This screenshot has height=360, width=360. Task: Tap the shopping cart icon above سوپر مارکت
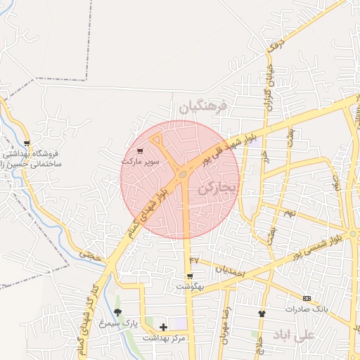[x=139, y=150]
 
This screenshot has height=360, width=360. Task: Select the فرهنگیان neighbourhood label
[x=203, y=107]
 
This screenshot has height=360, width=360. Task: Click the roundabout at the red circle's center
[x=183, y=173]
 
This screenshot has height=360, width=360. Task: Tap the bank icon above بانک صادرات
[x=307, y=299]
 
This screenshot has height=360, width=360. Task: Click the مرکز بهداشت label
[x=164, y=338]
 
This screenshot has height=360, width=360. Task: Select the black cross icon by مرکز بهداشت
[x=164, y=327]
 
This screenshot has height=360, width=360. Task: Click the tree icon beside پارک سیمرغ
[x=117, y=312]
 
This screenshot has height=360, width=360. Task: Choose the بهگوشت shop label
[x=189, y=287]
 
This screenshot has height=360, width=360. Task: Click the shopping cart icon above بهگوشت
[x=189, y=276]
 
